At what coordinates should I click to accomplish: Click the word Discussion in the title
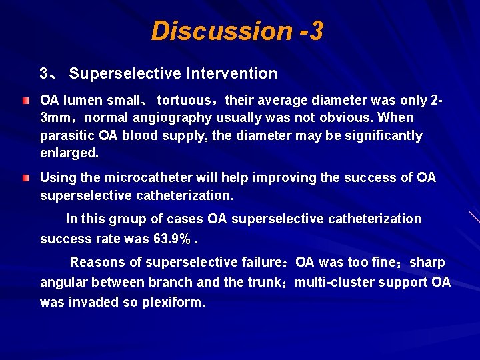pos(221,31)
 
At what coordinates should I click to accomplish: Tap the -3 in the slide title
pos(311,31)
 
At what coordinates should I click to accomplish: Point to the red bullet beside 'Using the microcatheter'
pos(25,179)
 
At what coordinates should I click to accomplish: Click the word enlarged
pos(68,153)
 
